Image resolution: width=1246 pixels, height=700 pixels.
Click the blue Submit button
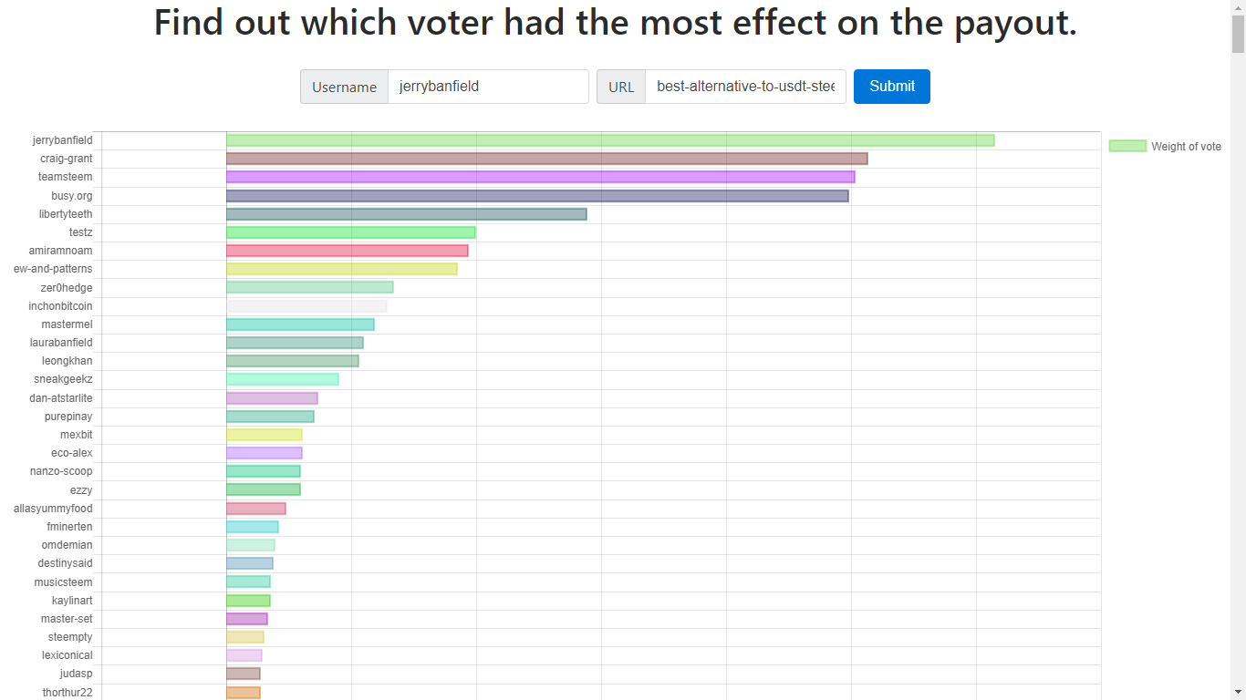coord(891,87)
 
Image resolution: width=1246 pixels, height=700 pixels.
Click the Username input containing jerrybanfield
coord(488,87)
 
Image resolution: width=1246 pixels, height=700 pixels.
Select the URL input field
coord(745,87)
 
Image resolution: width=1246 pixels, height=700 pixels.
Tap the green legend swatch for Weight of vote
coord(1127,146)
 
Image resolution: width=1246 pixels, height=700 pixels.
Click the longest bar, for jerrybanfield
coord(609,140)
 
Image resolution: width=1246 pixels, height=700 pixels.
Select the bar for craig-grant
coord(546,159)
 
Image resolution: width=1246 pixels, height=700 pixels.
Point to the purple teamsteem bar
coord(540,177)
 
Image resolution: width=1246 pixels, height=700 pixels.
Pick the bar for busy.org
coord(537,196)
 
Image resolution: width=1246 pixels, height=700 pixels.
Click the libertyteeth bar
coord(406,214)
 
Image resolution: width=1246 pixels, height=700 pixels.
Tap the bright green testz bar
coord(350,232)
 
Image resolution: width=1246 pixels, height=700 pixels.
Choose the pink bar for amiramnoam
coord(347,251)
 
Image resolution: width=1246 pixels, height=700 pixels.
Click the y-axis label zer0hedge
coord(67,288)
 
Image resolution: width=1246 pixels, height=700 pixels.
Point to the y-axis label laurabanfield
coord(61,343)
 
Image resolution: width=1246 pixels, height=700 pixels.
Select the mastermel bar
coord(300,324)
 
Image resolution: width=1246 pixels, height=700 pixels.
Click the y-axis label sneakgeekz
coord(63,379)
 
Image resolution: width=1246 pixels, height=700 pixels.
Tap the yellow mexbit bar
coord(264,435)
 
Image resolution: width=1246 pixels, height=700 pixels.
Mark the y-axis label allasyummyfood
coord(53,509)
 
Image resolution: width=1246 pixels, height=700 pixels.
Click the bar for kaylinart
coord(248,601)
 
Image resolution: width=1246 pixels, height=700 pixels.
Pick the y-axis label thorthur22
coord(67,693)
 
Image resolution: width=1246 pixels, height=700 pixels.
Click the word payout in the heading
coord(1014,23)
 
